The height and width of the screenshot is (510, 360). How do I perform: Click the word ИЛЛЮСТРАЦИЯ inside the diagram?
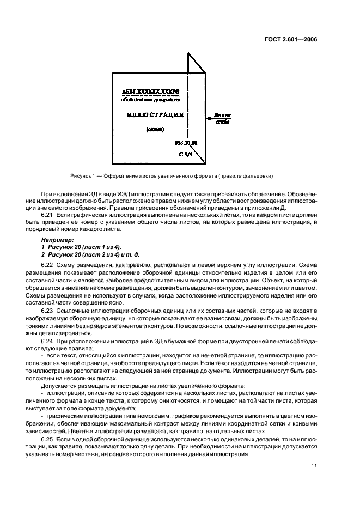click(155, 116)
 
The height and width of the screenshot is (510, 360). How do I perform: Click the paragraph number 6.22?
click(47, 265)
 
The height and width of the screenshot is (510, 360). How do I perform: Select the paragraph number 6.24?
click(47, 342)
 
